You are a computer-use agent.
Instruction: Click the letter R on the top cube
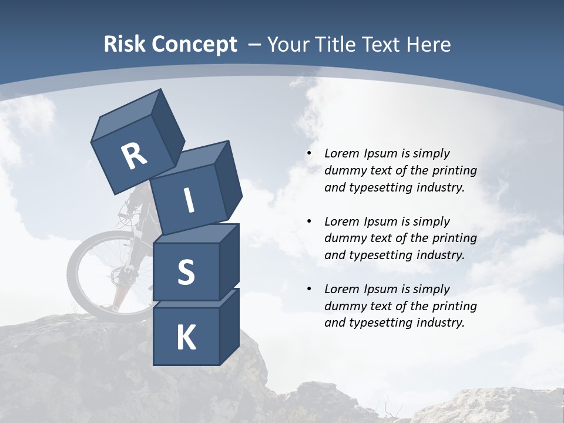[x=134, y=157]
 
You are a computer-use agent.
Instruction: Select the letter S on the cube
[x=186, y=273]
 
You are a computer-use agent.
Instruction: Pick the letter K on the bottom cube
[x=186, y=338]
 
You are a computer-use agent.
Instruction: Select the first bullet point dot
[x=309, y=154]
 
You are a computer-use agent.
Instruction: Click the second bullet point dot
[x=309, y=221]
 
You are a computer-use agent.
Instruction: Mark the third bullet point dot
[x=309, y=289]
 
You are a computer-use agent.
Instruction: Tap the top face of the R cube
[x=126, y=117]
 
